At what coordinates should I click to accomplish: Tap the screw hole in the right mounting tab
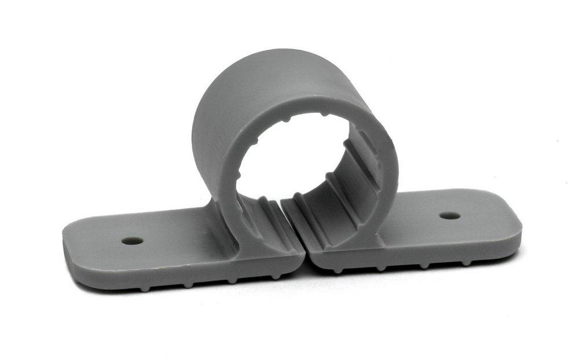point(449,216)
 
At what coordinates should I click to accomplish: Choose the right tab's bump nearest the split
point(336,270)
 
